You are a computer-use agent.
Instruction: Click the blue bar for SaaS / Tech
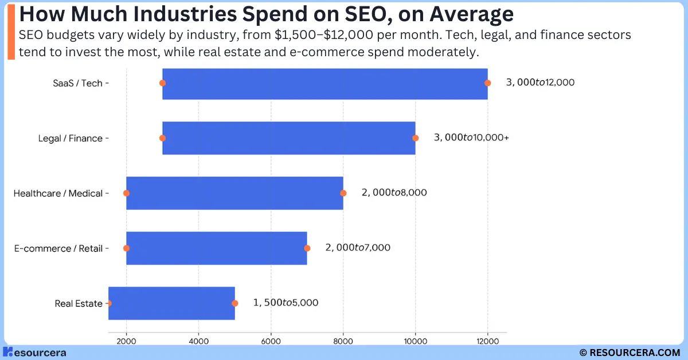click(x=325, y=83)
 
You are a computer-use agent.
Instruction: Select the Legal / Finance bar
click(x=289, y=138)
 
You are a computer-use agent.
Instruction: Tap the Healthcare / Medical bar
click(x=234, y=193)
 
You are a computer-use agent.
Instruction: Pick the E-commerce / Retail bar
click(x=217, y=248)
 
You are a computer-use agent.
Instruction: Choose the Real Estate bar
click(x=171, y=303)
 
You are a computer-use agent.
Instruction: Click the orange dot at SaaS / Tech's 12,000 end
click(x=488, y=83)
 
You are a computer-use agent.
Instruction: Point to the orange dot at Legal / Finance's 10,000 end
click(x=416, y=138)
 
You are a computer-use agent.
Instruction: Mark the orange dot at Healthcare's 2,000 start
click(x=127, y=193)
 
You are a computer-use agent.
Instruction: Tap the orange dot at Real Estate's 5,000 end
click(x=234, y=303)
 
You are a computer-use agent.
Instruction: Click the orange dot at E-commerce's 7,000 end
click(x=307, y=248)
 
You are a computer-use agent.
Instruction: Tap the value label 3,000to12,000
click(x=540, y=83)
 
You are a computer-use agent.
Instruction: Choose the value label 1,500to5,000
click(x=286, y=303)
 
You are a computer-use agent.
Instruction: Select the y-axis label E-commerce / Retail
click(x=58, y=248)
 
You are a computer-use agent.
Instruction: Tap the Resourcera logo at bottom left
click(x=34, y=352)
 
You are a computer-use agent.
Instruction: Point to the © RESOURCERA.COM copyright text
click(x=629, y=352)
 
